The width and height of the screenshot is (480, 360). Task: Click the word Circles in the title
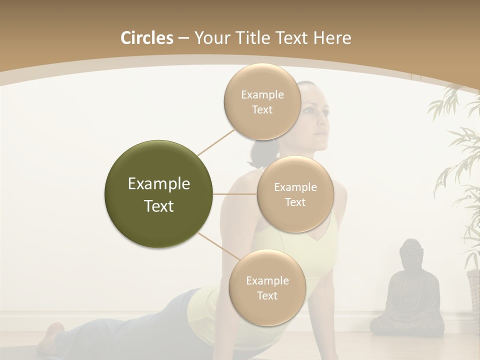coord(147,38)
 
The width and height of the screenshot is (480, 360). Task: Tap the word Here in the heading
coord(332,38)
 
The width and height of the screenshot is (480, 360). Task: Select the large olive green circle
coord(158,194)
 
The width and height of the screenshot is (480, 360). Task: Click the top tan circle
coord(262,101)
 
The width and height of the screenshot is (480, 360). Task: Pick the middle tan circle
coord(295,194)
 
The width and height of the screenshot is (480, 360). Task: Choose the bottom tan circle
coord(267,287)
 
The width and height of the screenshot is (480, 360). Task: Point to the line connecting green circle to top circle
coord(216,142)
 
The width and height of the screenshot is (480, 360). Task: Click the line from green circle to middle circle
coord(235,194)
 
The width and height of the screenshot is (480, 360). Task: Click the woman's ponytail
coord(258,152)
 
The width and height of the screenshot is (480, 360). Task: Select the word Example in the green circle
coord(158,184)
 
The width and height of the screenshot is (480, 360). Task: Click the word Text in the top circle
coord(262,110)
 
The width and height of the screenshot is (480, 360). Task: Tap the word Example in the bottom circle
coord(267,280)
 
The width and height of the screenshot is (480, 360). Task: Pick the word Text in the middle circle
coord(295,202)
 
